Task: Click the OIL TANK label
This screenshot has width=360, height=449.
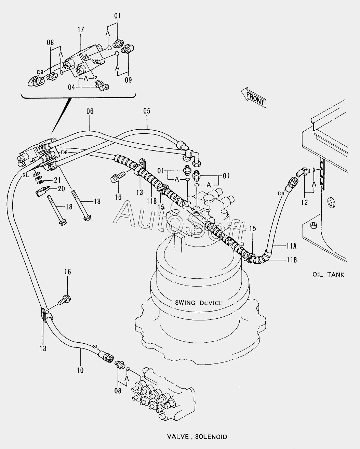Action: point(328,274)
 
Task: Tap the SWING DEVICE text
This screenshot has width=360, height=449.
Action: point(199,303)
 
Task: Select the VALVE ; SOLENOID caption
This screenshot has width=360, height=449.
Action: point(197,437)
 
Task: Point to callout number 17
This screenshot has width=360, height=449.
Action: point(81,30)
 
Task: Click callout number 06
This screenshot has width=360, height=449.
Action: point(90,111)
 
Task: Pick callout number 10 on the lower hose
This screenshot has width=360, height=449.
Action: point(80,370)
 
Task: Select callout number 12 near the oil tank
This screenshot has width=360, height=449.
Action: point(304,202)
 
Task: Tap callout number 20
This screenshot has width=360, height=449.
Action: point(61,188)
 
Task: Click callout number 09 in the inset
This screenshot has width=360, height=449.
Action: point(128,81)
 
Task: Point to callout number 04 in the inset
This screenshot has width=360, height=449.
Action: point(71,87)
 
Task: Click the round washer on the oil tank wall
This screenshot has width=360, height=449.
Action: point(330,201)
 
